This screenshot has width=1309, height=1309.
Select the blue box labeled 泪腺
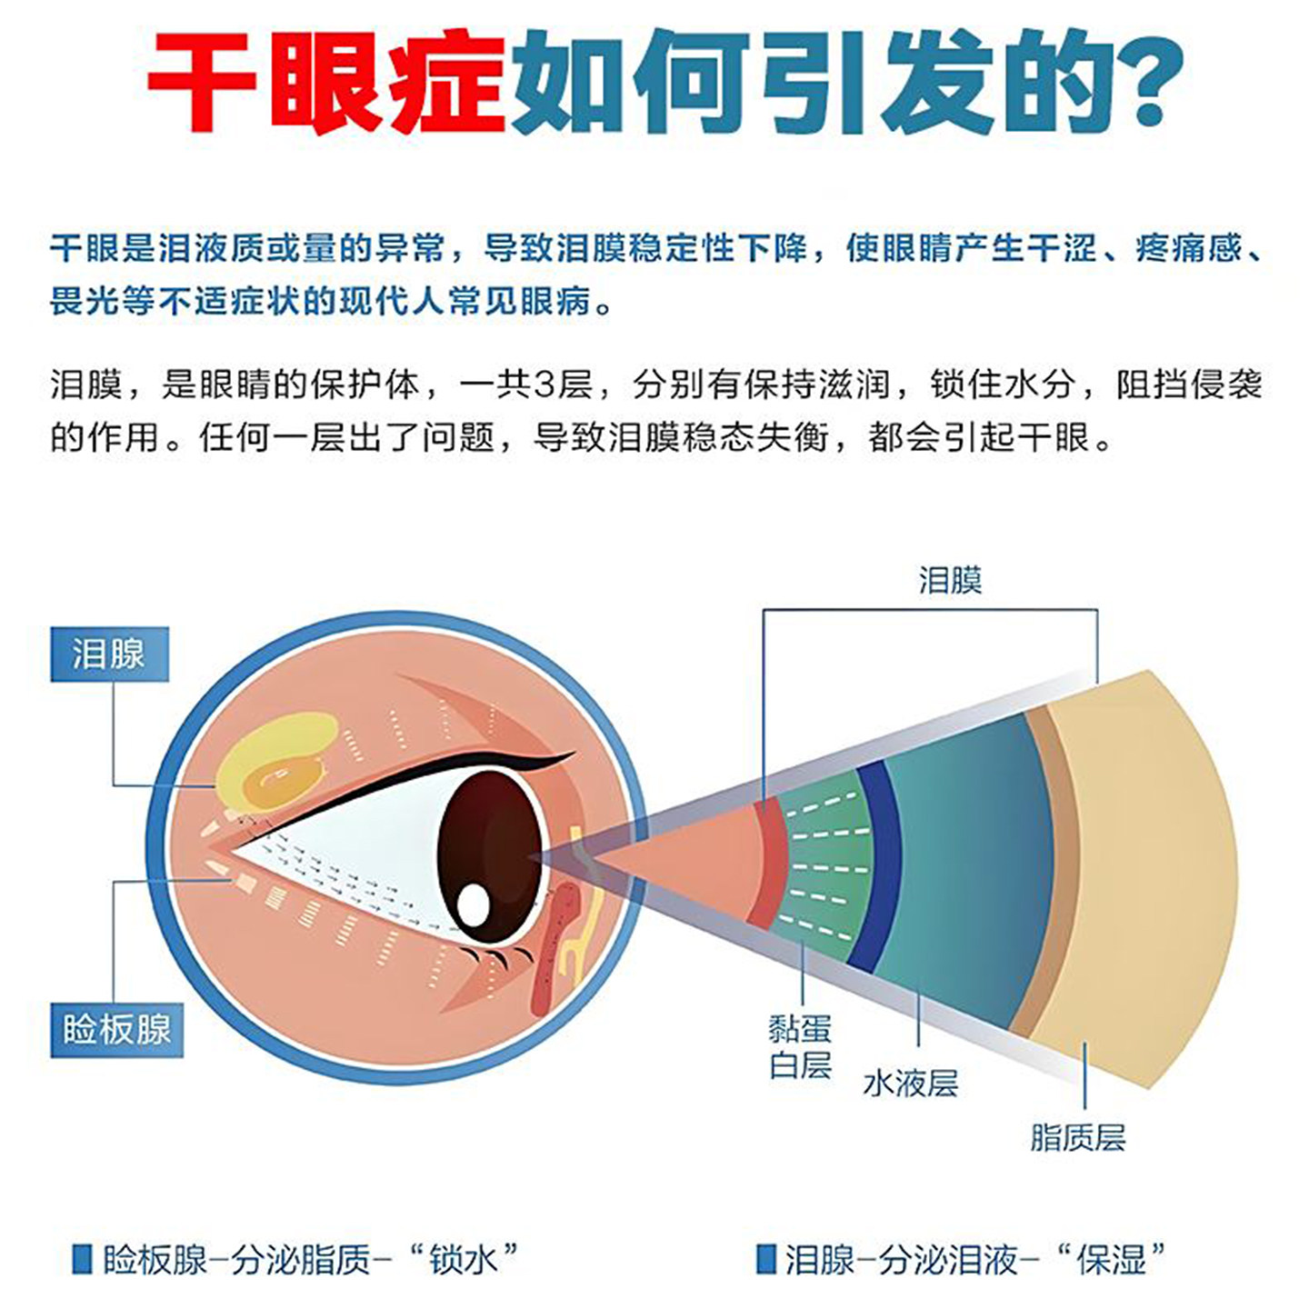click(109, 654)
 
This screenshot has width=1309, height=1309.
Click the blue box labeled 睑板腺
click(117, 1030)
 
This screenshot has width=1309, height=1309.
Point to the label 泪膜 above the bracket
click(950, 581)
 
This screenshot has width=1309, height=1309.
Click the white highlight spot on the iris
click(473, 904)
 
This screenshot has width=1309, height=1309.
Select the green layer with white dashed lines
click(826, 866)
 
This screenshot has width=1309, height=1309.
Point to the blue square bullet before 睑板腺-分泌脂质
click(82, 1259)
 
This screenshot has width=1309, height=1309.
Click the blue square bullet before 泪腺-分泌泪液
click(765, 1259)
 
